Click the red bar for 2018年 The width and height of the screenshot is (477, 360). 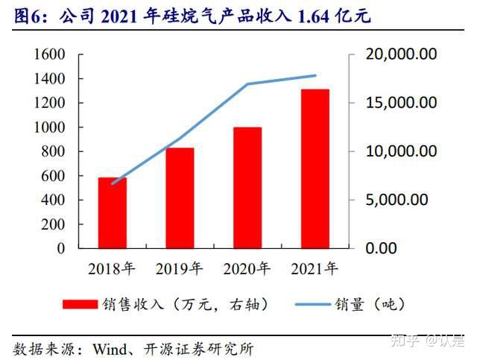coord(113,212)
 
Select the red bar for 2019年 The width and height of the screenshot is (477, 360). coord(180,198)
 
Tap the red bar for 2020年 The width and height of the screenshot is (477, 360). coord(247,187)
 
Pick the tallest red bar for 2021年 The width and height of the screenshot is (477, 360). coord(315,168)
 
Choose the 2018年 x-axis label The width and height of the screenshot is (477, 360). coord(113,268)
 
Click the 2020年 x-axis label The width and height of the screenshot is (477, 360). coord(247,268)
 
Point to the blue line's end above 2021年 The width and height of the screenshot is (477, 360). coord(315,75)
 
